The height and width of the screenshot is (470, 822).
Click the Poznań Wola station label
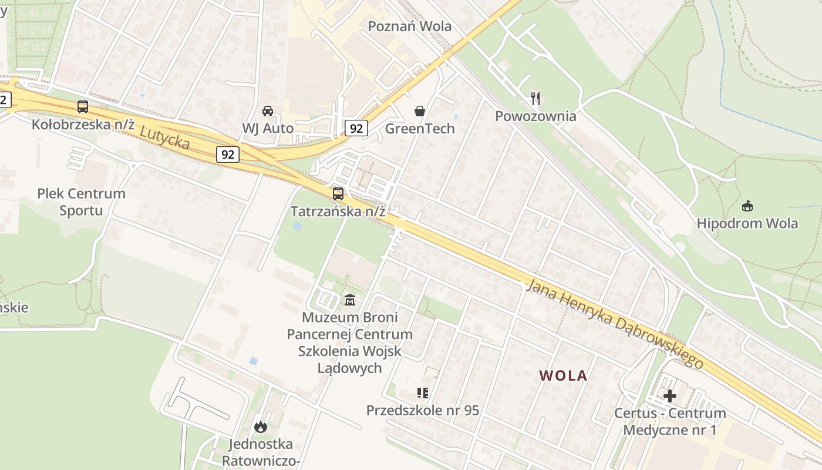click(409, 26)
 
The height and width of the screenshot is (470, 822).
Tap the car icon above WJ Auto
click(268, 110)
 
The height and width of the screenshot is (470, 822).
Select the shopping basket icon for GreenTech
click(420, 110)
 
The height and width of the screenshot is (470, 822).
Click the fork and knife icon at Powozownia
click(535, 98)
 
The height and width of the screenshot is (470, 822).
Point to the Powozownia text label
click(535, 116)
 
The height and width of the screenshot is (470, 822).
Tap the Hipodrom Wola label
click(747, 224)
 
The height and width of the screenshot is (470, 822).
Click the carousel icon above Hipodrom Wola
click(747, 206)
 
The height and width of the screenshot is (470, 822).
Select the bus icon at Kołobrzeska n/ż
click(83, 107)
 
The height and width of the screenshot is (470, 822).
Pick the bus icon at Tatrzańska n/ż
click(338, 193)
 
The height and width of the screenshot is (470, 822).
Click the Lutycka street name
click(165, 137)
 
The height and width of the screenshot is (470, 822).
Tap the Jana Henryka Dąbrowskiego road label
click(615, 324)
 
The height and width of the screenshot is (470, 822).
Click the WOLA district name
click(563, 376)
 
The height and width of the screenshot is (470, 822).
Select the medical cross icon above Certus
click(670, 396)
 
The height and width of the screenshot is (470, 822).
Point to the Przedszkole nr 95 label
click(423, 410)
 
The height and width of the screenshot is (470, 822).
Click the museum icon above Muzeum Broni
click(350, 300)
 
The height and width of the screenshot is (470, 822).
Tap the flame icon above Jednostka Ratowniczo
click(261, 427)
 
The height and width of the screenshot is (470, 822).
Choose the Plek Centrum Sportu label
click(81, 202)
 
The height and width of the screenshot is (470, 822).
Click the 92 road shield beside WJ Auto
click(356, 128)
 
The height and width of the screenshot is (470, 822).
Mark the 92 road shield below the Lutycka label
click(228, 155)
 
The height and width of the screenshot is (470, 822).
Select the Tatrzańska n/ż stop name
click(338, 211)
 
